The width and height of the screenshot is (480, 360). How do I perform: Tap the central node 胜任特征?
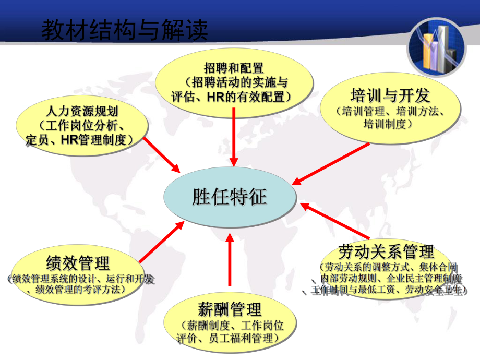coord(230,197)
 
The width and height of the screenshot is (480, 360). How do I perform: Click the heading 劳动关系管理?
coord(386,251)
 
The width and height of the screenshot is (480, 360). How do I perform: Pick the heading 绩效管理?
coord(78,261)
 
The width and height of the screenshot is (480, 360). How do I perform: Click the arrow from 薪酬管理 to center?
coord(230,261)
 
